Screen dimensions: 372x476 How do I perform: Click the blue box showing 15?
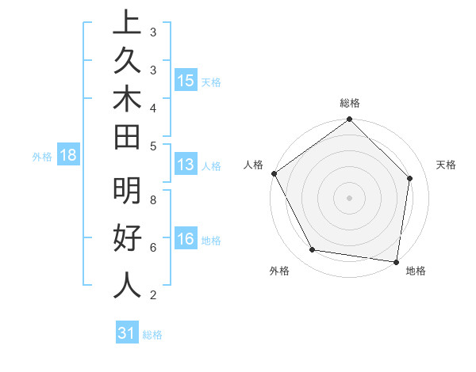click(x=186, y=81)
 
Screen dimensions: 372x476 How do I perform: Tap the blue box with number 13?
click(x=186, y=165)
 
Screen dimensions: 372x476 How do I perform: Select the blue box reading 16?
click(x=186, y=239)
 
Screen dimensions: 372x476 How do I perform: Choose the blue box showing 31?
click(x=127, y=333)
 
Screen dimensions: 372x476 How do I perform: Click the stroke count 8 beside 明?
click(x=153, y=200)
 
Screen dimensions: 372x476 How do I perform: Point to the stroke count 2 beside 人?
click(x=153, y=295)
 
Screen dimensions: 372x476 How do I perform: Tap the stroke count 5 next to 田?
click(x=153, y=146)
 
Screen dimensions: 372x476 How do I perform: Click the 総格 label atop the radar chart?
click(x=350, y=103)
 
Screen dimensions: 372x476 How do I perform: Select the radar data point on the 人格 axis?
click(x=274, y=173)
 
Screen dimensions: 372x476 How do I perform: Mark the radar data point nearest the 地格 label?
click(x=396, y=260)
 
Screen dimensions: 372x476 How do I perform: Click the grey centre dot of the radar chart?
click(x=350, y=197)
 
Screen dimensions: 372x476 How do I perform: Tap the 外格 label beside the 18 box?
click(x=42, y=157)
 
